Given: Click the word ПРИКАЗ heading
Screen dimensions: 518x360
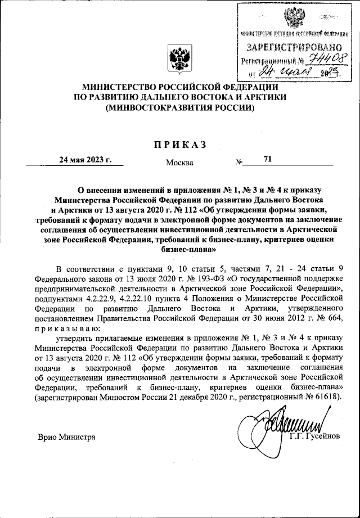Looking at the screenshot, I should click(180, 145).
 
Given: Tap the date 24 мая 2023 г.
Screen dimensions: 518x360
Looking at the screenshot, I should click(85, 160).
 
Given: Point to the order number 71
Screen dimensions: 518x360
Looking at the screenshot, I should click(267, 160).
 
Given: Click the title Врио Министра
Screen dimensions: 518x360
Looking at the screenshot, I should click(66, 436).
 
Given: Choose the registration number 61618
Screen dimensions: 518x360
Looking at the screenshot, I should click(331, 397).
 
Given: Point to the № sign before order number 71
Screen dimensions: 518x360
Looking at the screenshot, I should click(239, 163).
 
